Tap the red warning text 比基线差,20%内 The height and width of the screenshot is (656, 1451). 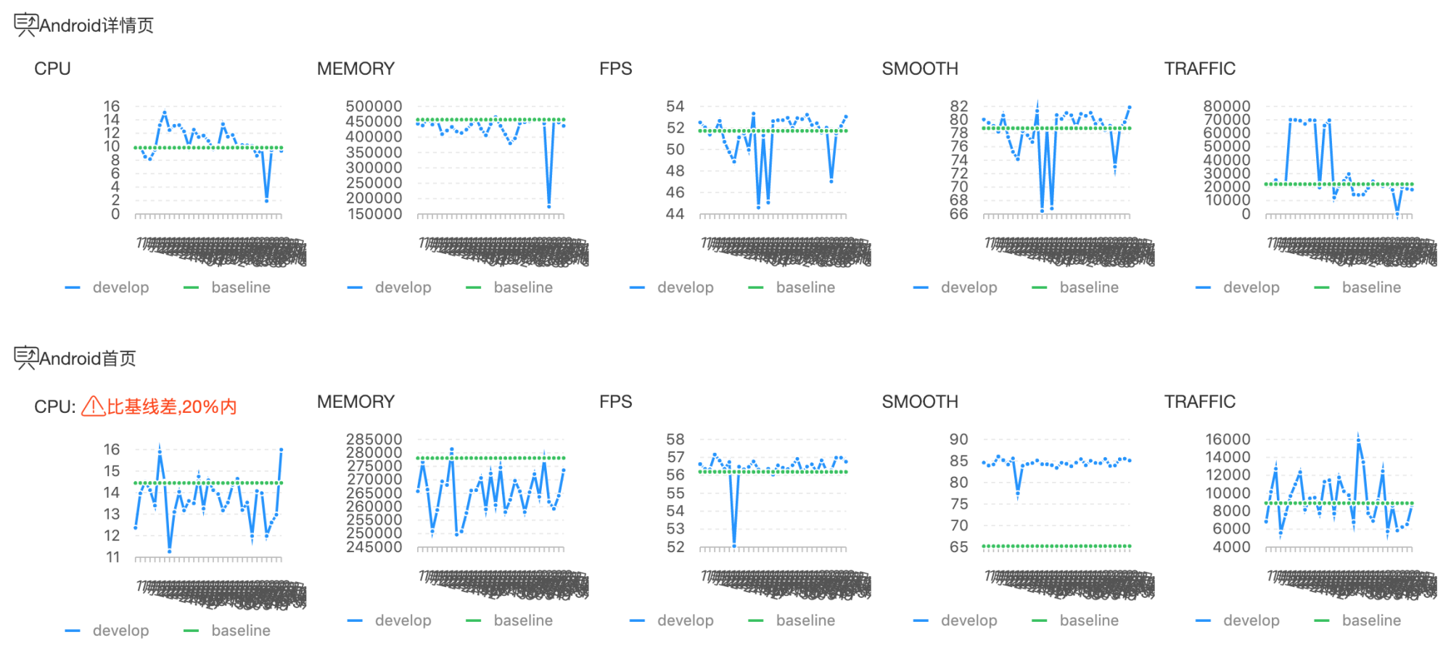point(171,406)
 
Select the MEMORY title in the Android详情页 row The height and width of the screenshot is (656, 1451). point(355,68)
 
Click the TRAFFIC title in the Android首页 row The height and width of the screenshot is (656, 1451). point(1199,401)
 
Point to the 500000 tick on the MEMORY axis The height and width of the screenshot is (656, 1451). point(374,107)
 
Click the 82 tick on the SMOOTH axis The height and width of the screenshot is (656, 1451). point(958,107)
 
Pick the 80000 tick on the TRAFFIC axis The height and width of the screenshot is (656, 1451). point(1226,107)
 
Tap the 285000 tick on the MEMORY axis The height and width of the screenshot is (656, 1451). point(374,440)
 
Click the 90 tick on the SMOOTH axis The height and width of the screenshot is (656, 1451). point(958,440)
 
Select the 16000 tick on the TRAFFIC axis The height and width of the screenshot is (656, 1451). point(1228,440)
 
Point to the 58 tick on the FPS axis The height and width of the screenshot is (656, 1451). point(675,440)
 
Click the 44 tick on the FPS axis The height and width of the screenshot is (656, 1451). point(675,214)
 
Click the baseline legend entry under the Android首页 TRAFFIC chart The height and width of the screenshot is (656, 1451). point(1370,620)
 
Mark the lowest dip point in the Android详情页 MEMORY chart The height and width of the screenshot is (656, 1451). point(549,206)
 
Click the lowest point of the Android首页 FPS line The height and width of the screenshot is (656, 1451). point(734,544)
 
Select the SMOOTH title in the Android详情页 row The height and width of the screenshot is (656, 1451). point(920,68)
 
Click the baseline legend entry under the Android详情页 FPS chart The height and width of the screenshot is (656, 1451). point(805,287)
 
